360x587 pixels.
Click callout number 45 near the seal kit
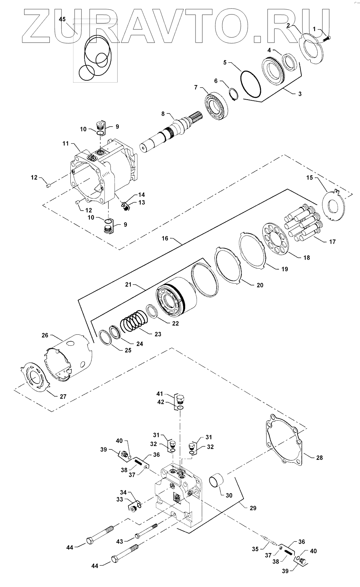[62, 19]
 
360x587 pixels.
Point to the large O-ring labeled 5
[250, 84]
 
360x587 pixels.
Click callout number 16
[165, 239]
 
